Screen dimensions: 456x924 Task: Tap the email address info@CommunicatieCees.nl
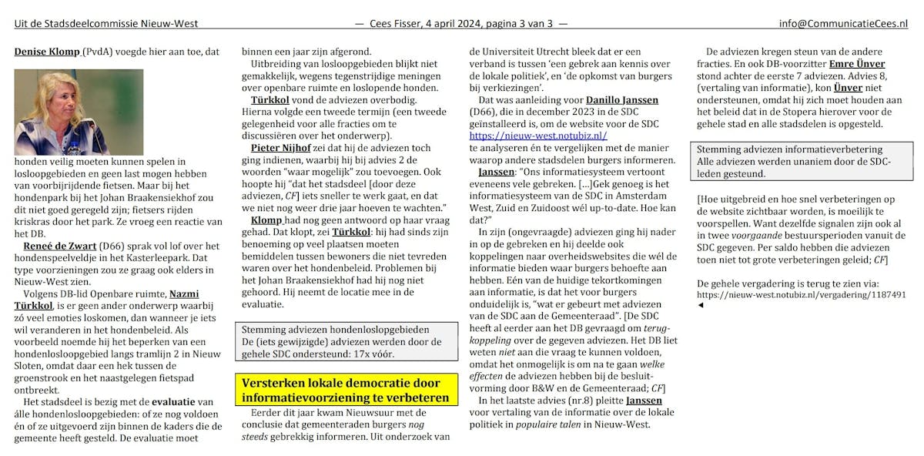[x=843, y=24]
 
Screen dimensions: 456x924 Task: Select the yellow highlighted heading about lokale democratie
[x=345, y=391]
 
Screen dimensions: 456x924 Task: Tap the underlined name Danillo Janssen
[x=622, y=100]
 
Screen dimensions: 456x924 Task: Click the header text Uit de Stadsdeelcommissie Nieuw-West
[x=106, y=24]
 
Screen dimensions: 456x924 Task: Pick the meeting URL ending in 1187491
[x=801, y=294]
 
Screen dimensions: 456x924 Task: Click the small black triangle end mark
[x=700, y=305]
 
